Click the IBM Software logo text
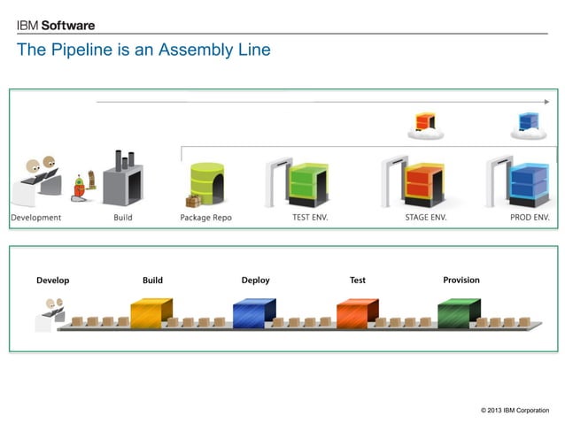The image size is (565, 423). tap(56, 26)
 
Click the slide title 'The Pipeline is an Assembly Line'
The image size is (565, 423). tap(143, 50)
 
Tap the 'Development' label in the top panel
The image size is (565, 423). tap(36, 218)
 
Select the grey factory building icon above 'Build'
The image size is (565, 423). tap(122, 180)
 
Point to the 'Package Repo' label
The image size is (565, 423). tap(206, 218)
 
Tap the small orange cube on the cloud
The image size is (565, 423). tap(426, 122)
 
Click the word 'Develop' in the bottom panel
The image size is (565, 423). tap(52, 281)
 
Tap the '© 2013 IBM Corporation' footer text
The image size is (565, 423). tap(515, 411)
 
